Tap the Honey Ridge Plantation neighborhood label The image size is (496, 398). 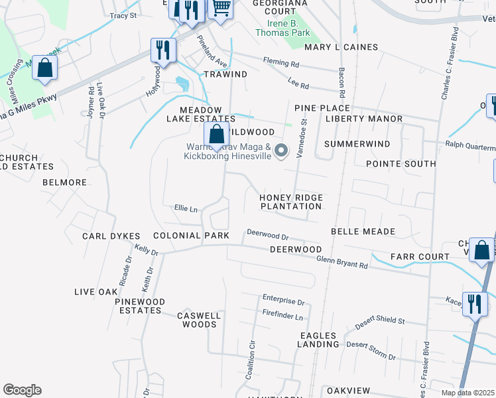[x=291, y=202]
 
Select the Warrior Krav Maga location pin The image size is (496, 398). [x=281, y=151]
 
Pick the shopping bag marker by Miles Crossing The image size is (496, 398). [x=44, y=68]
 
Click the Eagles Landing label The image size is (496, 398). [x=319, y=340]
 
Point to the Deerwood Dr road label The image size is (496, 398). [x=268, y=235]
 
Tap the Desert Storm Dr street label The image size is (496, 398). [x=371, y=350]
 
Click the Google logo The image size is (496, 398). [x=22, y=390]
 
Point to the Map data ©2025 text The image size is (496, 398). [x=467, y=393]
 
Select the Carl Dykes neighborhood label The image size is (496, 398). [x=111, y=236]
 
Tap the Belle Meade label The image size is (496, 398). [x=363, y=232]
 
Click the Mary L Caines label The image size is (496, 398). [x=341, y=47]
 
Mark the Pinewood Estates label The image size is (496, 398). [x=139, y=306]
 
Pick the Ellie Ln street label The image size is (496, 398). [x=186, y=208]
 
